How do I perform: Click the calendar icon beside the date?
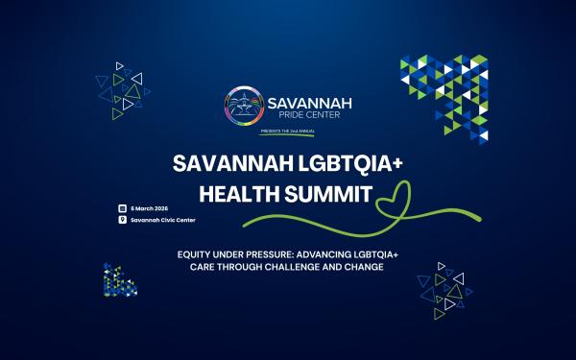[x=122, y=207]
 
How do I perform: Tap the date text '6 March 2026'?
[x=151, y=207]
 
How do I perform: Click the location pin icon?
[x=122, y=220]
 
